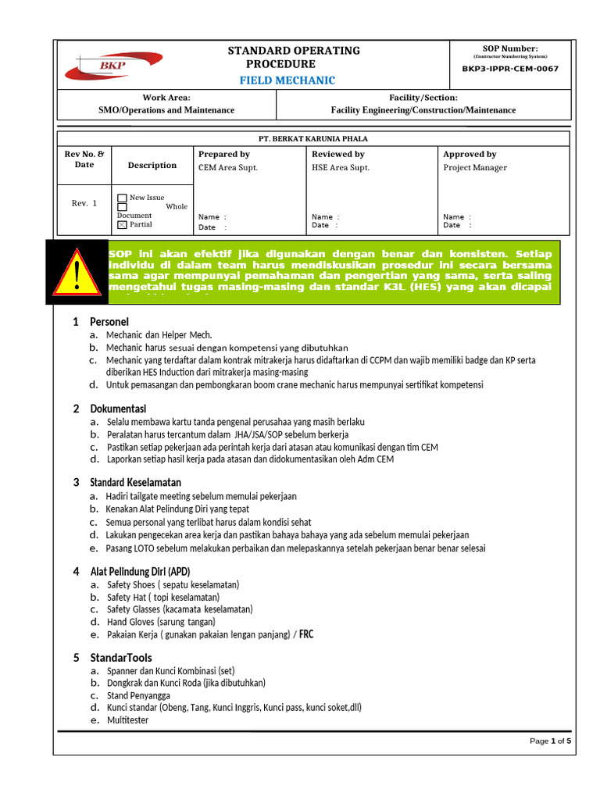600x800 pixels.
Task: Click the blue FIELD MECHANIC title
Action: coord(287,80)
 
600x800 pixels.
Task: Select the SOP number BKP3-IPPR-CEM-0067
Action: coord(510,69)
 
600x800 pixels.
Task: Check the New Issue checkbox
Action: coord(122,198)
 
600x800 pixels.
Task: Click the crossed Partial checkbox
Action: coord(122,225)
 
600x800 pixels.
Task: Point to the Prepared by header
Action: coord(224,155)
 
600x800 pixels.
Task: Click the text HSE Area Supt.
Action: coord(341,168)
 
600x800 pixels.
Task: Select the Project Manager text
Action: coord(475,168)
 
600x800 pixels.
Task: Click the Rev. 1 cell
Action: coord(84,203)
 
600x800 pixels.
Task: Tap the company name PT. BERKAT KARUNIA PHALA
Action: coord(312,137)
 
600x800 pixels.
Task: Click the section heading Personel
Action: coord(109,322)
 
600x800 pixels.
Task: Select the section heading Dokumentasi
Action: coord(118,409)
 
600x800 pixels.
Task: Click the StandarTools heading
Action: coord(121,658)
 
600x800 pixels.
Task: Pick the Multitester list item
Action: coord(127,720)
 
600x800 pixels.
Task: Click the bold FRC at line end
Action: coord(306,634)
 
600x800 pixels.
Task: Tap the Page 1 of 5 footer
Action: coord(551,741)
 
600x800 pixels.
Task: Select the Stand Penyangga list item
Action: coord(138,695)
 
